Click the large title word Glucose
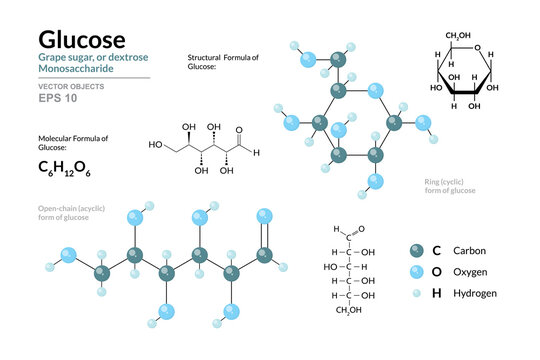pos(81,39)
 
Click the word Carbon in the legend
pos(471,249)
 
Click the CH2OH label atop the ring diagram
pos(459,36)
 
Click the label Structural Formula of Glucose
pos(223,63)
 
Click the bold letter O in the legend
pos(435,271)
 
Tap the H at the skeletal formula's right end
pos(256,152)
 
